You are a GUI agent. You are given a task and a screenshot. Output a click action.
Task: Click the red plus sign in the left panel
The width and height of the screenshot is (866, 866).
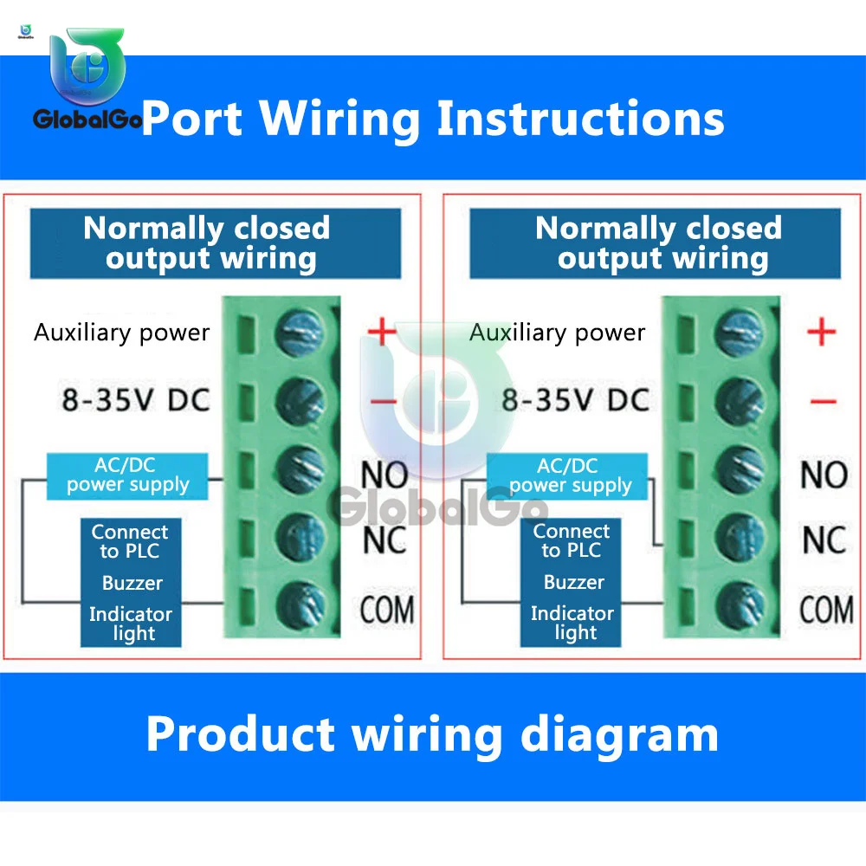click(x=382, y=332)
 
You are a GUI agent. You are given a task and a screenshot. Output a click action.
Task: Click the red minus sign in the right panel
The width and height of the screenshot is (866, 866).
click(x=823, y=401)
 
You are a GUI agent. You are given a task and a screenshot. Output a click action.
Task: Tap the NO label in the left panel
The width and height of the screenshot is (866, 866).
click(x=385, y=475)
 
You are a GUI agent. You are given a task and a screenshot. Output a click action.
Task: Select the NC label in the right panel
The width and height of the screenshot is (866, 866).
click(x=824, y=540)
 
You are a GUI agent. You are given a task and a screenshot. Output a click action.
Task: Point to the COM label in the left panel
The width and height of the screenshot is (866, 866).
click(x=387, y=610)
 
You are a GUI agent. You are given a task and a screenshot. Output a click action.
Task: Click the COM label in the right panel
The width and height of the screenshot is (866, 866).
click(x=826, y=610)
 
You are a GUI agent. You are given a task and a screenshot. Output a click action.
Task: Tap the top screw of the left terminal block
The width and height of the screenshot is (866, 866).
click(x=299, y=333)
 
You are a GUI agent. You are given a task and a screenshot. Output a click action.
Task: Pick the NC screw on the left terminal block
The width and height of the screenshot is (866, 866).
click(x=299, y=538)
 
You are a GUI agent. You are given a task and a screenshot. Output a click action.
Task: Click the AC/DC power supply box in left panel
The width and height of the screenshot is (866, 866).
click(x=127, y=476)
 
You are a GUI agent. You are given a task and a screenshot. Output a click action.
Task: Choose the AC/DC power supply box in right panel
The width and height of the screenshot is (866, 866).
click(x=567, y=476)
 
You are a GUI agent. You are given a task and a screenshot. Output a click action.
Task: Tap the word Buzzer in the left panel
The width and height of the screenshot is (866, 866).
click(x=132, y=583)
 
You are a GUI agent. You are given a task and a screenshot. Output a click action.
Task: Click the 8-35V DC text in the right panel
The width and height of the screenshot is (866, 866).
click(x=575, y=400)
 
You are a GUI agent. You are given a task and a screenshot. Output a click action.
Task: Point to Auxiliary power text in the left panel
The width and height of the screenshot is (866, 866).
click(x=121, y=333)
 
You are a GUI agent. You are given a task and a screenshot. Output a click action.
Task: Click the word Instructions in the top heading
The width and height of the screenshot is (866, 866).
click(x=580, y=118)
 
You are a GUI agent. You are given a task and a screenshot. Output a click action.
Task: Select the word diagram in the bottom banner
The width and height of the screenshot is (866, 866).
click(x=620, y=735)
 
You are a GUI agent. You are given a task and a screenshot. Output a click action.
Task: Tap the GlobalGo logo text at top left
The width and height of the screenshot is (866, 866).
click(x=87, y=119)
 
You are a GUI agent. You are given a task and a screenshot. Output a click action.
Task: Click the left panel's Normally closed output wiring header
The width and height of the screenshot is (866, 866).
click(x=216, y=243)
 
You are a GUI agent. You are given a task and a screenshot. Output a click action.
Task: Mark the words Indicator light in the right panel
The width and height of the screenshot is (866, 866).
click(x=572, y=623)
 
